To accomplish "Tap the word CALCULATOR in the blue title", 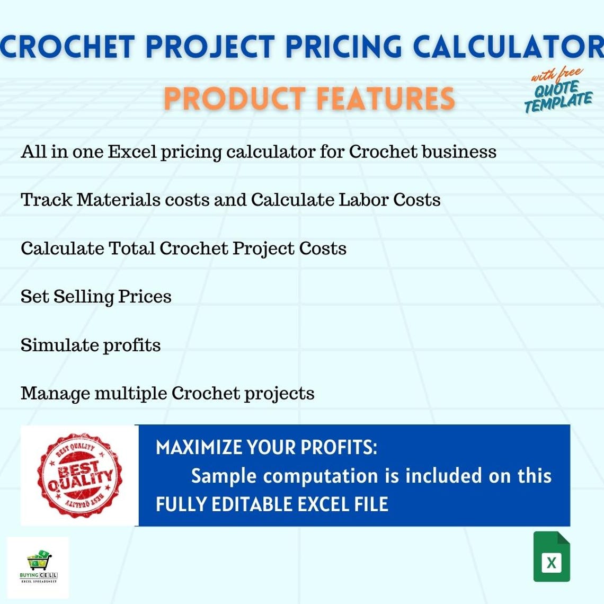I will click(x=508, y=47).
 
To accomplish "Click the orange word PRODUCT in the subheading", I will click(x=234, y=99).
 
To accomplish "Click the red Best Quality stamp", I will click(x=79, y=475).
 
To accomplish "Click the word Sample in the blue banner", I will click(x=224, y=476).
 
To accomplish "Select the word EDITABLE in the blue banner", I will click(x=252, y=504).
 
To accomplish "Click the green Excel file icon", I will click(x=552, y=557).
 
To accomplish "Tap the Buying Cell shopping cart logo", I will click(x=38, y=567).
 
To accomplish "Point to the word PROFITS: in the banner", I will click(x=339, y=448).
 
